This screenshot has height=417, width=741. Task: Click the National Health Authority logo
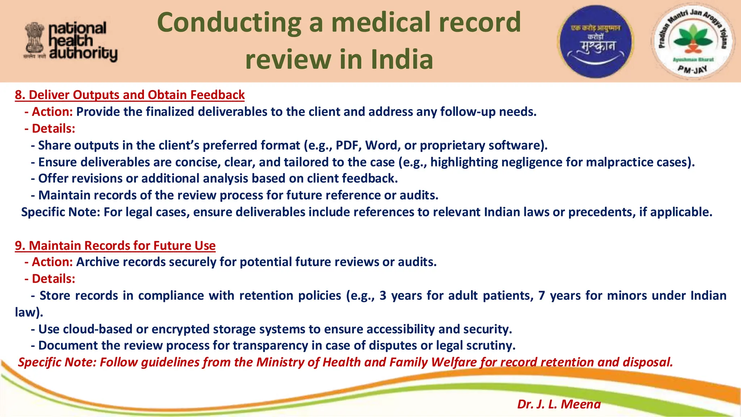pyautogui.click(x=71, y=41)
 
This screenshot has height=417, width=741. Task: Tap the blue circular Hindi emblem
pyautogui.click(x=596, y=41)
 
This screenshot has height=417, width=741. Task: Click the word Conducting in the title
pyautogui.click(x=229, y=22)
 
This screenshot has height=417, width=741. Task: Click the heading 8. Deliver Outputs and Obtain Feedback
pyautogui.click(x=130, y=95)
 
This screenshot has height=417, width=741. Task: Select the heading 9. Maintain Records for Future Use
pyautogui.click(x=115, y=245)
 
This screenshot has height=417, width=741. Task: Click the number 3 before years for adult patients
pyautogui.click(x=383, y=295)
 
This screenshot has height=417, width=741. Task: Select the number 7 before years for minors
pyautogui.click(x=541, y=295)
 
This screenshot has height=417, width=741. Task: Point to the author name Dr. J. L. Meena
pyautogui.click(x=559, y=404)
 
